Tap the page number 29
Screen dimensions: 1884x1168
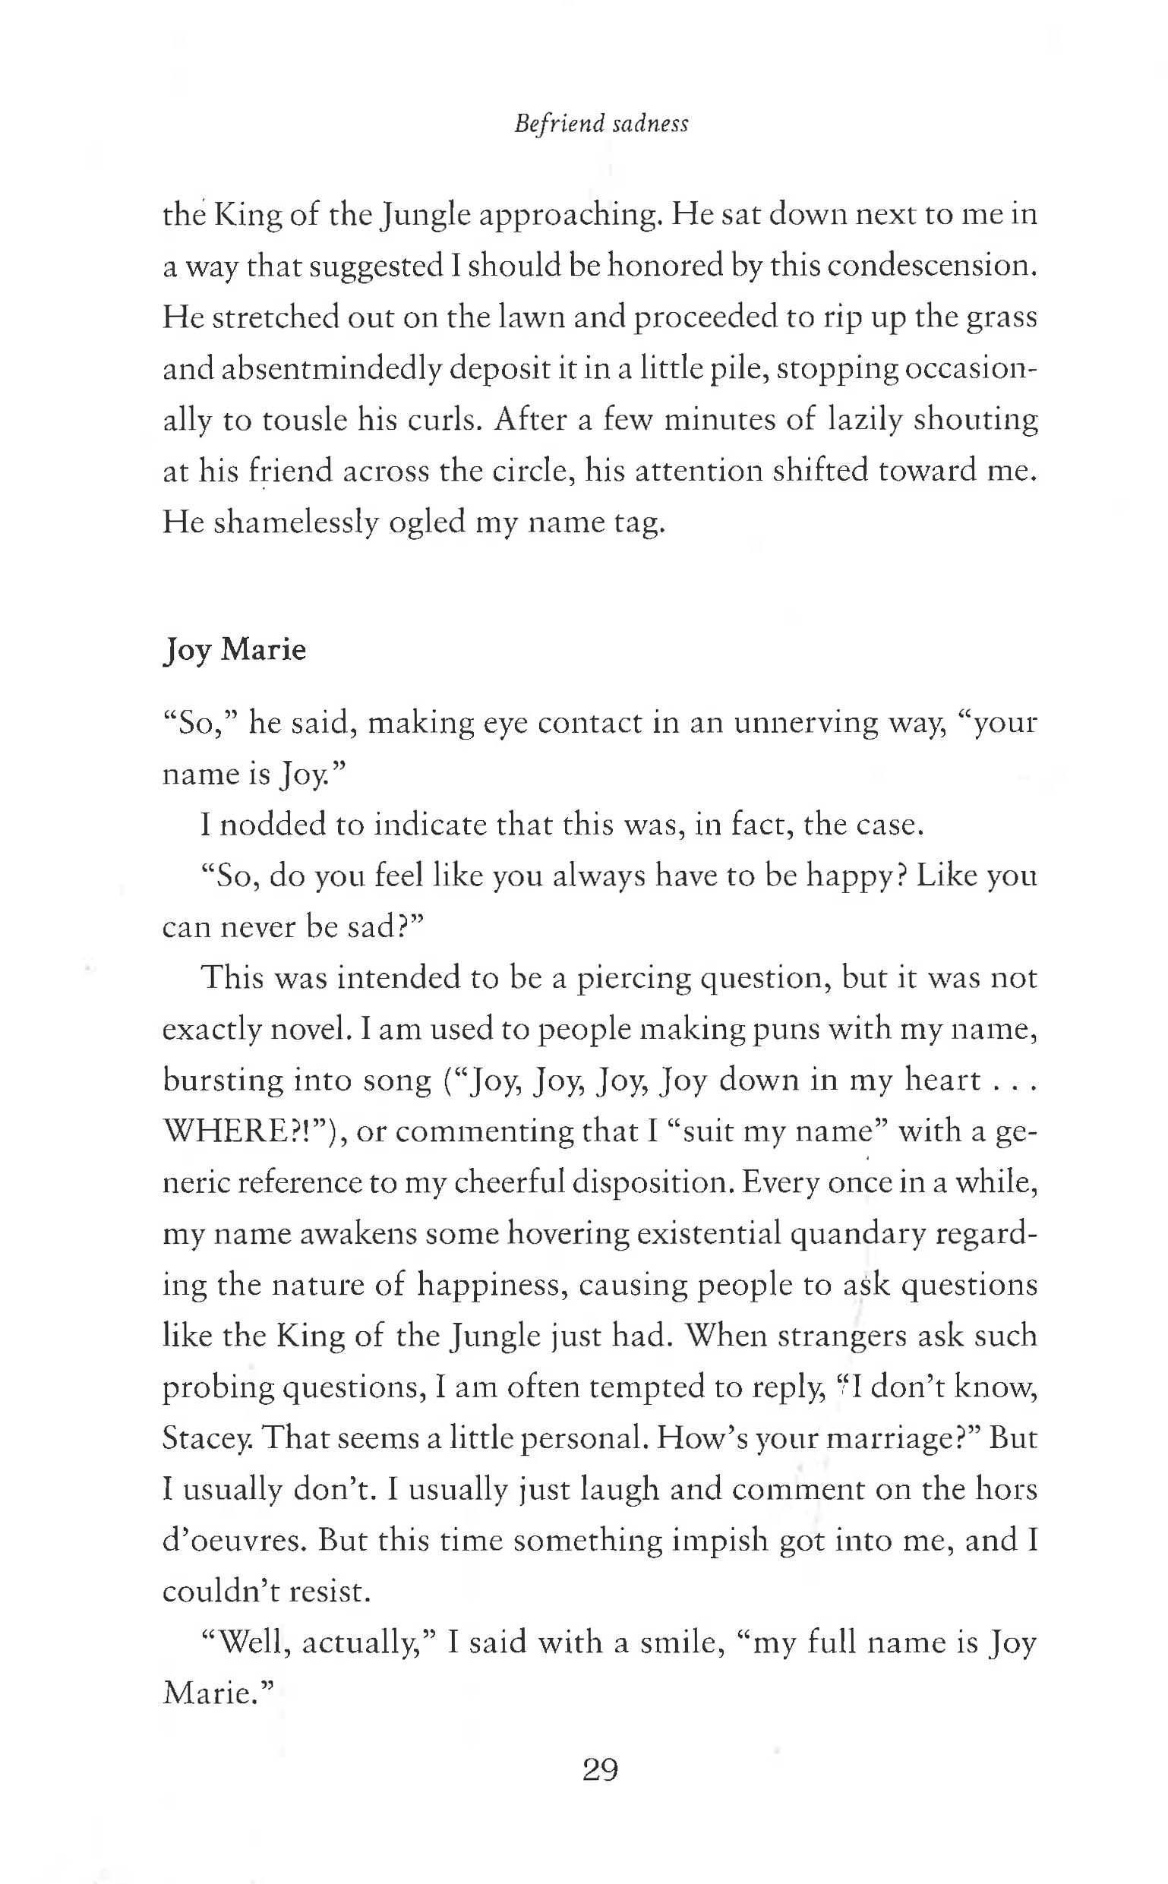(600, 1767)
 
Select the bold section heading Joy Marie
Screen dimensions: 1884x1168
(234, 649)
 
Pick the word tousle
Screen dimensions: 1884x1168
(305, 419)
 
